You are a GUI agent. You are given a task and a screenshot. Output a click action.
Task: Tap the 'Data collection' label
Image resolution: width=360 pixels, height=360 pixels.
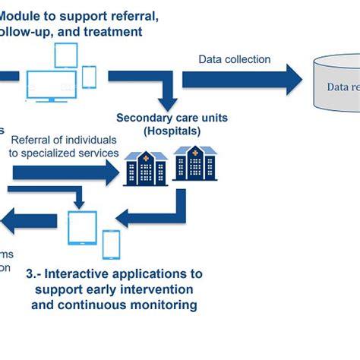pos(234,59)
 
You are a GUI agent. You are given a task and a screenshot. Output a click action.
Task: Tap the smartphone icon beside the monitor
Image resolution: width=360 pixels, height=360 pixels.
pos(89,77)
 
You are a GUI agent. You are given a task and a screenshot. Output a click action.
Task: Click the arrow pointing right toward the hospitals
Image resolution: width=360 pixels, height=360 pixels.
pos(65,172)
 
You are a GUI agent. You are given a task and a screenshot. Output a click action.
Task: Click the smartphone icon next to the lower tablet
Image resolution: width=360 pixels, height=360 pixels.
pos(111,244)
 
